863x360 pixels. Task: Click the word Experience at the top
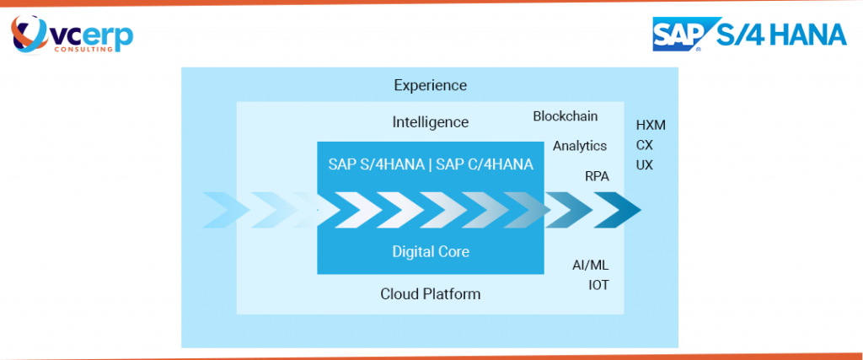(x=430, y=85)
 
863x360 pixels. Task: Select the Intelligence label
(x=430, y=122)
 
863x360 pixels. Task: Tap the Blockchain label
(x=566, y=116)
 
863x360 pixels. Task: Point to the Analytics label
(x=579, y=146)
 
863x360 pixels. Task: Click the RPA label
(x=597, y=176)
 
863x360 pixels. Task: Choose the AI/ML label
(x=591, y=265)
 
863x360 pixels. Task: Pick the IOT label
(x=598, y=285)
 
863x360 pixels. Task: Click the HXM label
(x=651, y=125)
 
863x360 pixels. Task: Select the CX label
(x=645, y=145)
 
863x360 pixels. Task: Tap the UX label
(x=645, y=165)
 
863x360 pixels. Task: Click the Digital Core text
(x=430, y=251)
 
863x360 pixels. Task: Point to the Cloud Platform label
(x=430, y=294)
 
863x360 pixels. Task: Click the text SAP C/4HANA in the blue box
(x=485, y=164)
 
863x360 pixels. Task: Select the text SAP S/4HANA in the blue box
(x=376, y=164)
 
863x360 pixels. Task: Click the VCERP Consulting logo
(x=72, y=34)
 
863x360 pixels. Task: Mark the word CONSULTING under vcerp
(x=83, y=49)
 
